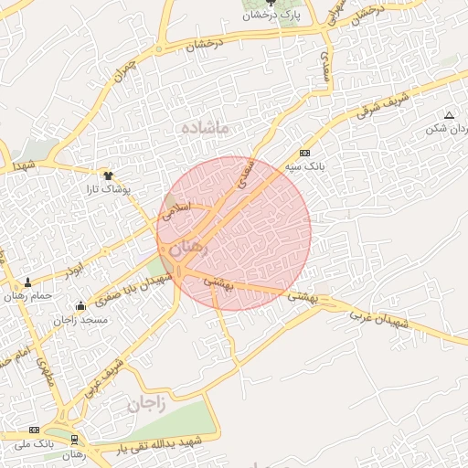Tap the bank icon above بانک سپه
tap(304, 153)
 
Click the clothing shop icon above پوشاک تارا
tap(108, 175)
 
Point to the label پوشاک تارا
tap(110, 189)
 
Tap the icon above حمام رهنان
tap(27, 282)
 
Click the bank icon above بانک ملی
tap(35, 430)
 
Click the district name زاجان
tap(145, 403)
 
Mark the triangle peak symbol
tap(449, 115)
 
